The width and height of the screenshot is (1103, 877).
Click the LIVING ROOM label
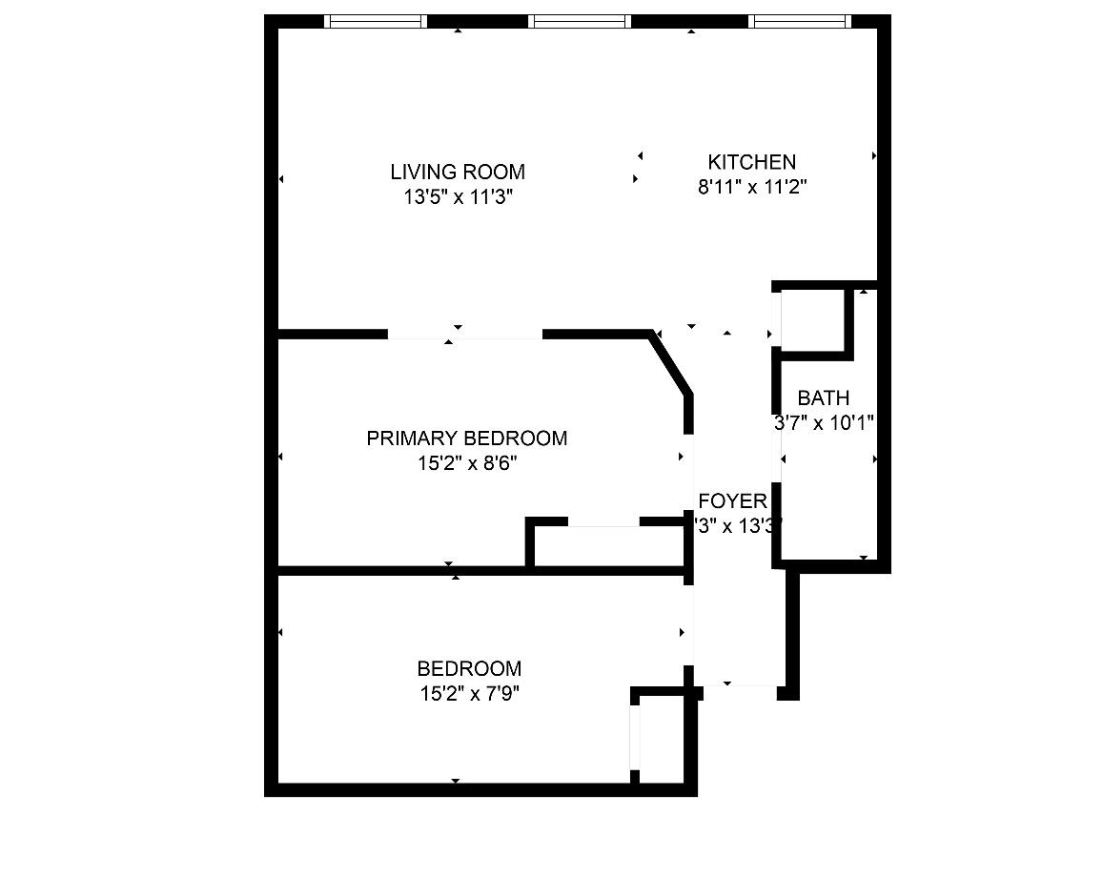tap(458, 172)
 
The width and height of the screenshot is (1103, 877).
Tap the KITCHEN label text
tap(751, 162)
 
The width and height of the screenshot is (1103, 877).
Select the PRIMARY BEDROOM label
tap(466, 438)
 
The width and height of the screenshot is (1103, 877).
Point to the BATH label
tap(823, 398)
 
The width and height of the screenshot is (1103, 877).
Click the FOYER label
tap(732, 501)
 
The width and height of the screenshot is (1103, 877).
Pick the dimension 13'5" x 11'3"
tap(458, 197)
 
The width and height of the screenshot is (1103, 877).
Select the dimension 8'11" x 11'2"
tap(752, 188)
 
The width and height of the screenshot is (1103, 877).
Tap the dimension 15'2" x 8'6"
tap(467, 463)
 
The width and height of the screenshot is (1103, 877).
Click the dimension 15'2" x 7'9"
tap(469, 694)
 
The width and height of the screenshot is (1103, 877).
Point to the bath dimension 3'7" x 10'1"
tap(824, 423)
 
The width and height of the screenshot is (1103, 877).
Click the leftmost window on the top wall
tap(376, 21)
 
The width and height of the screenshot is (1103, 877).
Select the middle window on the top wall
tap(580, 21)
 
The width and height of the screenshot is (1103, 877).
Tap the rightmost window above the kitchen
tap(799, 21)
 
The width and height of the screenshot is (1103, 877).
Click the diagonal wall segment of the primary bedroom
tap(671, 362)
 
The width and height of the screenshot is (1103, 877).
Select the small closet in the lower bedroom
tap(663, 739)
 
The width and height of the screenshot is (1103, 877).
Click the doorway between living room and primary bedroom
tap(464, 335)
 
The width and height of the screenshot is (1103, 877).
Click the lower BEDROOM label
tap(469, 669)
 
